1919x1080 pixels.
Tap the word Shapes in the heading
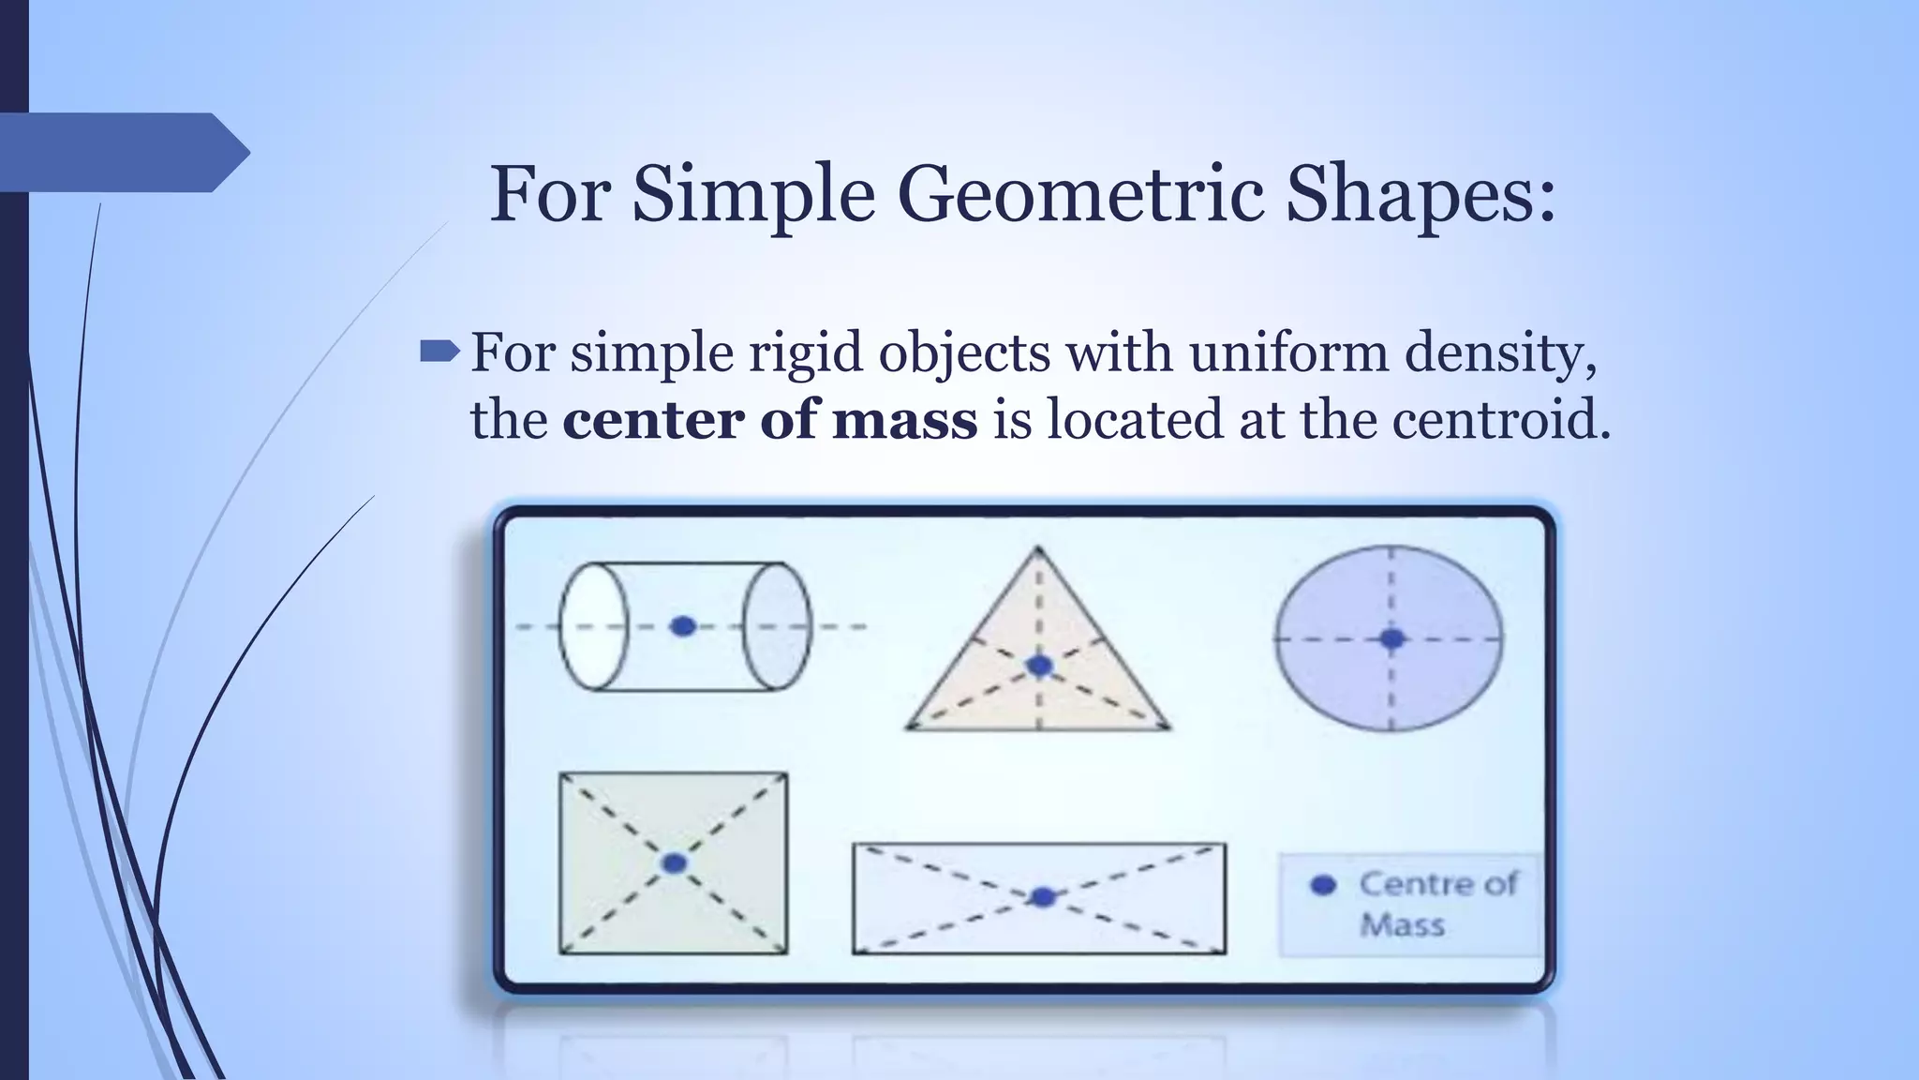point(1421,195)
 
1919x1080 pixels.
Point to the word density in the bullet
point(1499,354)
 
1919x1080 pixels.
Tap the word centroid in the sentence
point(1500,419)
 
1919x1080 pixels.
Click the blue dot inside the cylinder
point(683,626)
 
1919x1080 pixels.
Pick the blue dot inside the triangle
point(1039,666)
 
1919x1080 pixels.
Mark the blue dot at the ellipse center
point(1392,638)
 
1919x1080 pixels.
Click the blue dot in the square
point(674,863)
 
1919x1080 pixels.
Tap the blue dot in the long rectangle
point(1042,897)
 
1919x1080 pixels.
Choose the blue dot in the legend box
point(1323,884)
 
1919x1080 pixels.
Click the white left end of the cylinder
point(593,626)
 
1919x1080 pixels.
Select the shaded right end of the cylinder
point(777,626)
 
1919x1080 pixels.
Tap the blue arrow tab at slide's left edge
point(122,152)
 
